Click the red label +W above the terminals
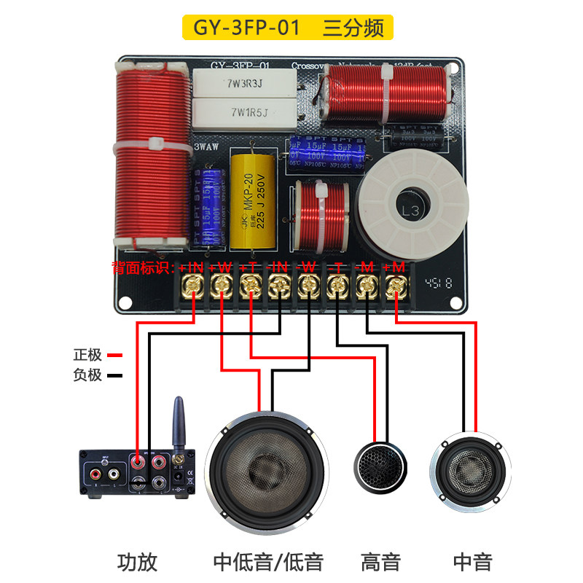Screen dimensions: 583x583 pos(221,267)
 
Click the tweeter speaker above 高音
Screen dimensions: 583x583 pos(379,466)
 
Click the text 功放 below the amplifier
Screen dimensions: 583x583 pos(137,562)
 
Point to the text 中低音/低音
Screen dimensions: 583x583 pos(268,562)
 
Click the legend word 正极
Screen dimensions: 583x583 pos(87,356)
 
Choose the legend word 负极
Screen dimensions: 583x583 pos(87,376)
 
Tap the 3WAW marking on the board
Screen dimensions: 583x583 pos(206,146)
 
